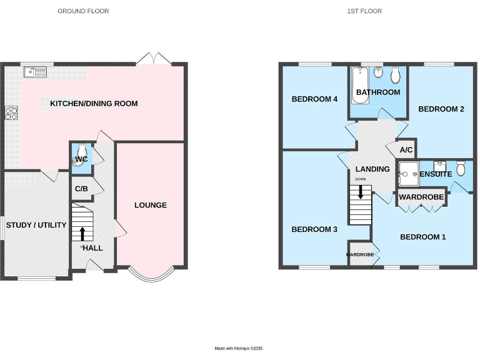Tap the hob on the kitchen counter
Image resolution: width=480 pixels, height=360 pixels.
tap(12, 113)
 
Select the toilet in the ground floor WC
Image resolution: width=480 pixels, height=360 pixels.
tap(81, 155)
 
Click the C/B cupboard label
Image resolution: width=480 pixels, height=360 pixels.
tap(81, 188)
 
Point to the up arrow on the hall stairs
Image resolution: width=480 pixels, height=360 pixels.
tap(82, 234)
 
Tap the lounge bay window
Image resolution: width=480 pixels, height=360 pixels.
tap(150, 275)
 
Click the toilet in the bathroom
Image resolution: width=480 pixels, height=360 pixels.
tap(395, 76)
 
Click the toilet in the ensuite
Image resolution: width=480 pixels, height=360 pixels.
tap(461, 167)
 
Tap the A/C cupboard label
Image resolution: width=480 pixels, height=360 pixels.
tap(406, 150)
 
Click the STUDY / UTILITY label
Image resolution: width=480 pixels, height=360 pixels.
tap(36, 225)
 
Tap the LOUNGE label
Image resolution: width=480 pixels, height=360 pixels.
tap(151, 205)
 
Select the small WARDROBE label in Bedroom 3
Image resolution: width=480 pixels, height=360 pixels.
tap(360, 255)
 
